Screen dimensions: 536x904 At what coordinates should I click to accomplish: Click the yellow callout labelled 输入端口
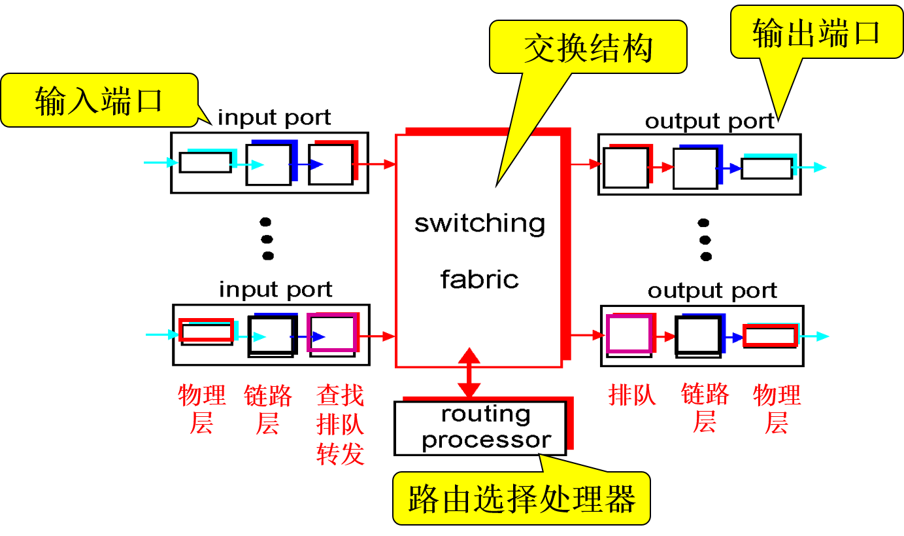pos(98,100)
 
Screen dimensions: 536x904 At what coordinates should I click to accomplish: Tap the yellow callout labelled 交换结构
pos(588,47)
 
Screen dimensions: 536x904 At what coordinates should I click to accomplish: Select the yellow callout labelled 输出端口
pos(816,33)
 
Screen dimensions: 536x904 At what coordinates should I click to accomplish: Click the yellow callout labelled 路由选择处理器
pos(521,499)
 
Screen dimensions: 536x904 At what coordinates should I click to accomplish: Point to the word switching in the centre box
pos(480,223)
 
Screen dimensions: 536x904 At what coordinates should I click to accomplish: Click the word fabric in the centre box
pos(479,279)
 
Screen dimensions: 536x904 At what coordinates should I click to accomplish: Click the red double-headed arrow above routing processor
pos(469,372)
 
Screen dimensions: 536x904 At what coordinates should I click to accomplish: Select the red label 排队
pos(632,395)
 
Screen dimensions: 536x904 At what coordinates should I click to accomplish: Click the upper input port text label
pos(275,118)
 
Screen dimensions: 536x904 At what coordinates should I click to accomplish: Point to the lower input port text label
pos(275,289)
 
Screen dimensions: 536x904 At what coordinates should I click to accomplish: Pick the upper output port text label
pos(710,122)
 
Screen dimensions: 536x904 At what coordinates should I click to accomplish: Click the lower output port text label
pos(712,291)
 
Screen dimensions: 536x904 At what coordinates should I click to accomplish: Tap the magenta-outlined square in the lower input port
pos(332,333)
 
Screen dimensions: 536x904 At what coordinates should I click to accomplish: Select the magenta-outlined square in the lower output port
pos(629,334)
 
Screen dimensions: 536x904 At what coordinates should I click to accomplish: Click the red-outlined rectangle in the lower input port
pos(206,331)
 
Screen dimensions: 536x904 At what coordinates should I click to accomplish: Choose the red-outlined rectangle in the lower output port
pos(770,336)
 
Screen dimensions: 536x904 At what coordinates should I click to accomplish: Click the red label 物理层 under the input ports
pos(201,410)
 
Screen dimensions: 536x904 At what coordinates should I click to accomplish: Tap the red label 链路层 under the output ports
pos(705,408)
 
